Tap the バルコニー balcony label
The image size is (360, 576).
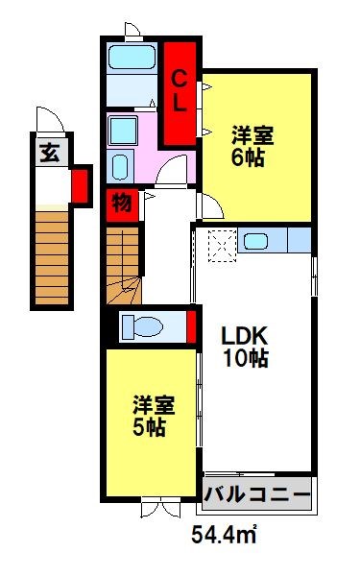pyautogui.click(x=257, y=496)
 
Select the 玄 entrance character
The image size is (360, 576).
pyautogui.click(x=49, y=152)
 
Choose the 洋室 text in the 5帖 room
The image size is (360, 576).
pyautogui.click(x=150, y=405)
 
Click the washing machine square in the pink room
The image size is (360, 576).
pyautogui.click(x=122, y=130)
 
